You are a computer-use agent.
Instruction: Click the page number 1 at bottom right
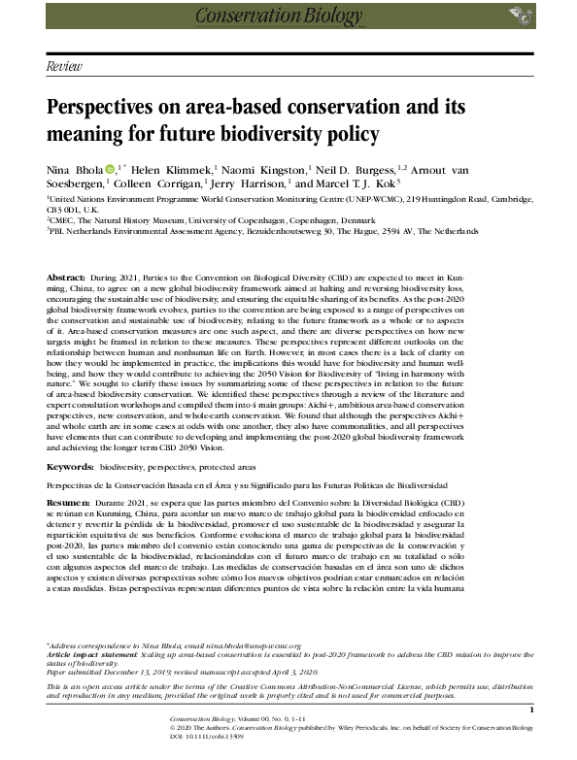[x=532, y=711]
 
